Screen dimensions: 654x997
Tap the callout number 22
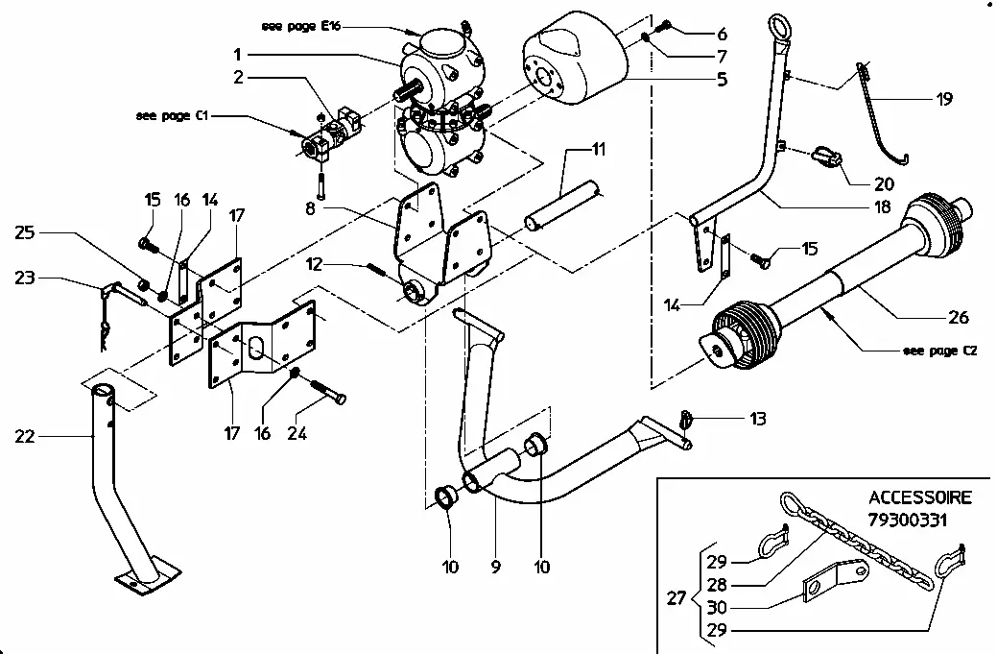25,437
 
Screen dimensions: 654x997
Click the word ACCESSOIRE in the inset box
919,498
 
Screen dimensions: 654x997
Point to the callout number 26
958,318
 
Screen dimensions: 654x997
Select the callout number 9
495,568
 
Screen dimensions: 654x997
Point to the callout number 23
25,279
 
